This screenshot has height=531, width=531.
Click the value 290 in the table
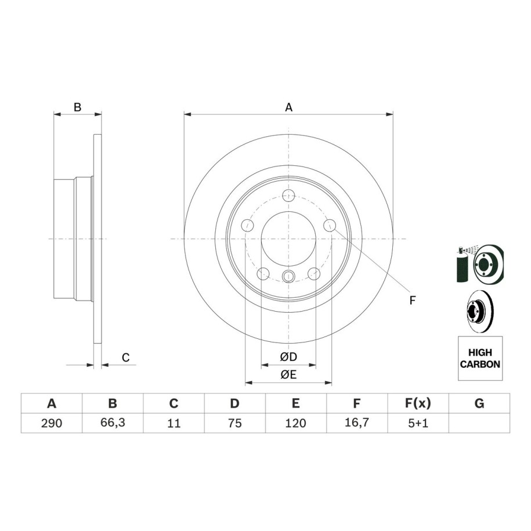[52, 423]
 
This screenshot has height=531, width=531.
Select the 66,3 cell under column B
[113, 422]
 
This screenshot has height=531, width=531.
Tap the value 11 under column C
[174, 423]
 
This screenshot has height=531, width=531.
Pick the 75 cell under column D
[234, 423]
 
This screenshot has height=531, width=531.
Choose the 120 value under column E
[295, 423]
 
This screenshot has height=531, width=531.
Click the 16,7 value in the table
[356, 422]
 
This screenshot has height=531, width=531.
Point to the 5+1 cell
[418, 423]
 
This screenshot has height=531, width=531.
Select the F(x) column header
[418, 403]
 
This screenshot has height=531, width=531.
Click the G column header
[479, 403]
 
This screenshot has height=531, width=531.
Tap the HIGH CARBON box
[480, 358]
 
